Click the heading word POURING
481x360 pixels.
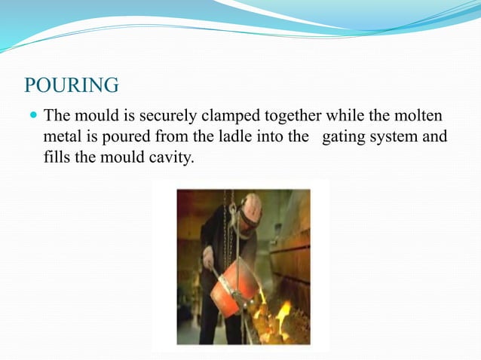[x=72, y=85]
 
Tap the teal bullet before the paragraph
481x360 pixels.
[x=33, y=116]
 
